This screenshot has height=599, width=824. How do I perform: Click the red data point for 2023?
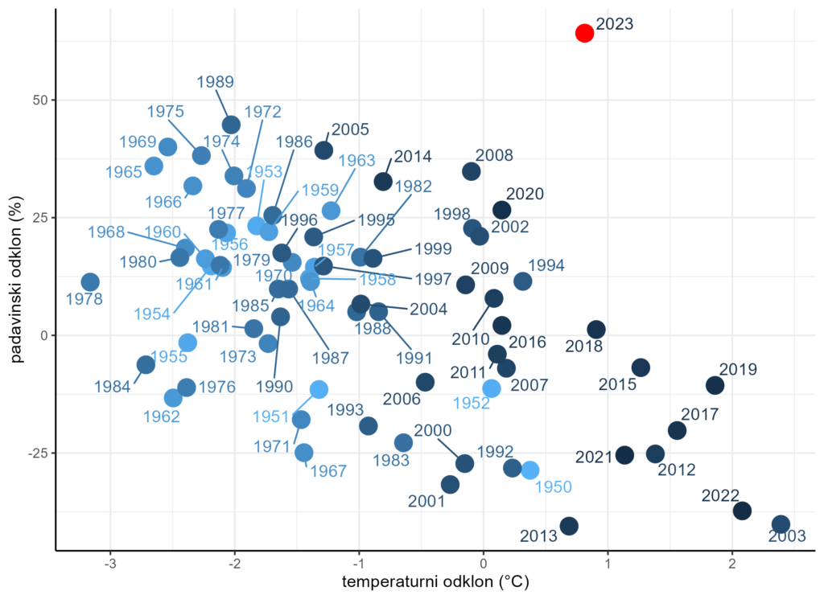(x=584, y=33)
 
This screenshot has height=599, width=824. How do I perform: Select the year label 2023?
(x=616, y=24)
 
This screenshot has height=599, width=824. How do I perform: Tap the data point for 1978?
(x=90, y=282)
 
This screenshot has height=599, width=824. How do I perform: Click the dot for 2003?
(x=781, y=524)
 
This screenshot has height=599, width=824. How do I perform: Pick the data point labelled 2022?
(x=742, y=511)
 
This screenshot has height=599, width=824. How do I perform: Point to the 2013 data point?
(x=569, y=526)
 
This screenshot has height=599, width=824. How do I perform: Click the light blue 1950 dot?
(x=529, y=470)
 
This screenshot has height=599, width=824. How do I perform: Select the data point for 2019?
(x=715, y=385)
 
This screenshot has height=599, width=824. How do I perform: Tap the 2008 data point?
(x=472, y=171)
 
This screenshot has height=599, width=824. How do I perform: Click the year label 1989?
(x=215, y=81)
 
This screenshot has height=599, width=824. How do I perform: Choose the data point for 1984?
(x=146, y=365)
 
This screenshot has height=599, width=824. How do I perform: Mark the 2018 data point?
(x=596, y=330)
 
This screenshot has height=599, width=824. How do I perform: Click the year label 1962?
(x=163, y=416)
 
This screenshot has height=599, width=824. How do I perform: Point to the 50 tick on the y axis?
(x=39, y=100)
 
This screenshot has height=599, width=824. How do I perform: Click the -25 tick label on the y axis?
(x=37, y=453)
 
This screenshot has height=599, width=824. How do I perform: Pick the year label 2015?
(x=617, y=384)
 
